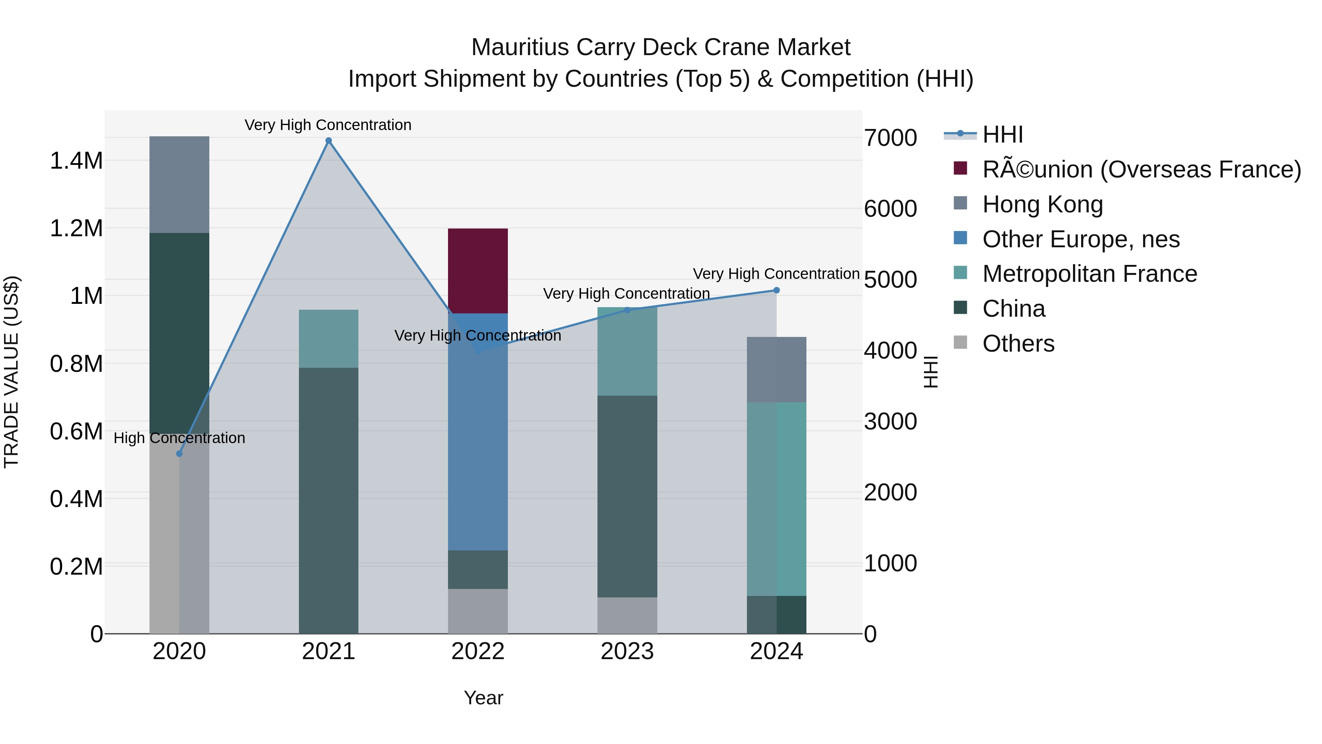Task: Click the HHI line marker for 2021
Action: click(x=328, y=141)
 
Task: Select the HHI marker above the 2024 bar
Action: click(x=776, y=290)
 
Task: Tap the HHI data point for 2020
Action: click(x=179, y=454)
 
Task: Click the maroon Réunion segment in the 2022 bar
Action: click(x=477, y=270)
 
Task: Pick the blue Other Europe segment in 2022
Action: click(x=477, y=431)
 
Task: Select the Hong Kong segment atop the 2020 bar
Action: click(x=179, y=184)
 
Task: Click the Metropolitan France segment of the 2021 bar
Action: click(x=328, y=338)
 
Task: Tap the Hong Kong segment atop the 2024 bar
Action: click(x=776, y=369)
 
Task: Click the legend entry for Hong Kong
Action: click(x=1042, y=204)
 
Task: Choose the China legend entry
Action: click(x=1013, y=309)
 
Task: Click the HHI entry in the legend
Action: click(x=1002, y=134)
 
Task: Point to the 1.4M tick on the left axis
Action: click(x=76, y=161)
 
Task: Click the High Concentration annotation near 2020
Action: click(x=179, y=438)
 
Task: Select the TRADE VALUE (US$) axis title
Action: click(x=11, y=372)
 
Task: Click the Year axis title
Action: click(x=483, y=698)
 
